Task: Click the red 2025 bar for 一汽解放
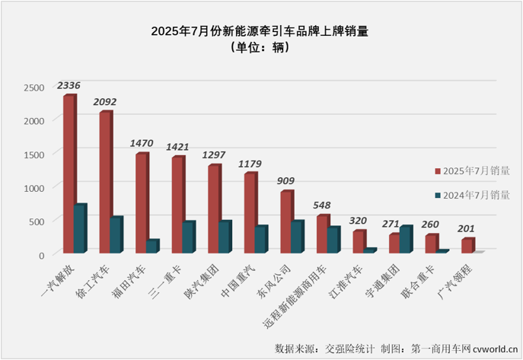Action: [x=69, y=174]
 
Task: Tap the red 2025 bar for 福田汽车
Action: [x=141, y=203]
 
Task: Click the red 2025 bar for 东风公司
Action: [x=285, y=222]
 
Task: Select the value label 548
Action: [x=324, y=205]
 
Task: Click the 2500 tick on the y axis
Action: [x=34, y=88]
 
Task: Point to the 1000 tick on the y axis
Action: [x=34, y=187]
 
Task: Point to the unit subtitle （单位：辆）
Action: [x=261, y=48]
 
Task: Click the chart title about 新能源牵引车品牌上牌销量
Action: [x=261, y=31]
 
